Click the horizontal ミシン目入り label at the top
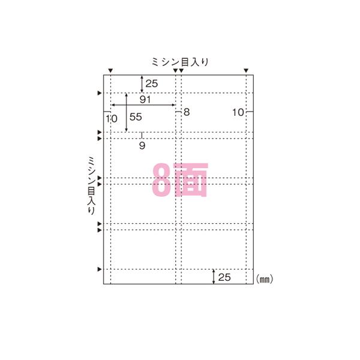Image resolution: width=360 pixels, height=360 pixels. [181, 62]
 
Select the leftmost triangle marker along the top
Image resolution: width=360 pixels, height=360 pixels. [110, 71]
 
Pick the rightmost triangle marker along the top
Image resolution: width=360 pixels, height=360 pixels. [246, 71]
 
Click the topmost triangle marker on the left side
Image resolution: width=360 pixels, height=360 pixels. [100, 93]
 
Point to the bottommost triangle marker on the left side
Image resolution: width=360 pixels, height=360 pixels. [100, 269]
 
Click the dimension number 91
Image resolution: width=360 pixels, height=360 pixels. [145, 98]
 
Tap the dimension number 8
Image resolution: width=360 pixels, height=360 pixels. [186, 112]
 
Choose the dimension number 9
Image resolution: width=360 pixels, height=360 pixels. [142, 145]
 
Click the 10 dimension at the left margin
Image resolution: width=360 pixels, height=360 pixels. [111, 119]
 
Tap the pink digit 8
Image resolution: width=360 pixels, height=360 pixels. [162, 179]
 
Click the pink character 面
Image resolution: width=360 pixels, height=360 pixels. [190, 179]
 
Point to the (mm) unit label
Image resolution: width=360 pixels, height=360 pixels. [265, 279]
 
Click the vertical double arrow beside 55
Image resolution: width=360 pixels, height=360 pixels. [127, 112]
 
